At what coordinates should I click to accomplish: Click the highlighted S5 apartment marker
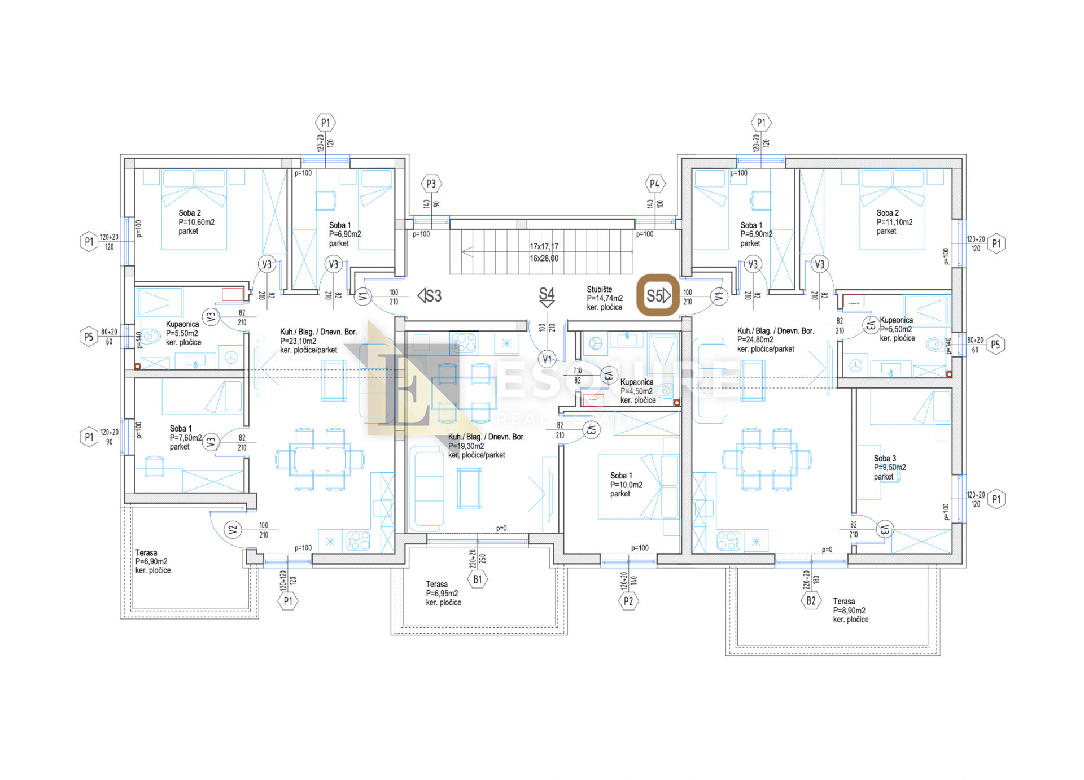[x=658, y=295]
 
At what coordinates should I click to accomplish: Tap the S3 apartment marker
[x=430, y=296]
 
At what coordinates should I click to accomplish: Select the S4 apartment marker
[x=547, y=296]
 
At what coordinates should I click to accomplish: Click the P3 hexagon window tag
[x=431, y=184]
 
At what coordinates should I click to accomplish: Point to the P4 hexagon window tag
[x=654, y=184]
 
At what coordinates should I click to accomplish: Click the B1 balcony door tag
[x=478, y=579]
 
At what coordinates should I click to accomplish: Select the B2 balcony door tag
[x=811, y=601]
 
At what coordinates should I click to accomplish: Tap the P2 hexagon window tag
[x=628, y=602]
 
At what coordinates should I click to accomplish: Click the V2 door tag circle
[x=232, y=530]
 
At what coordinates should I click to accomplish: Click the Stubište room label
[x=599, y=289]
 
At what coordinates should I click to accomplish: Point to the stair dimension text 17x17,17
[x=544, y=246]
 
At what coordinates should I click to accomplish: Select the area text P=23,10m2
[x=298, y=341]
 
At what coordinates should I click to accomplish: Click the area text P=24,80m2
[x=755, y=340]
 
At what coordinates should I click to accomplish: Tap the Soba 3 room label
[x=885, y=459]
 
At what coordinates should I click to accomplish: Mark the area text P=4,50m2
[x=636, y=391]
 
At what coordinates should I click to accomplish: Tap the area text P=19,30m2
[x=466, y=446]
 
